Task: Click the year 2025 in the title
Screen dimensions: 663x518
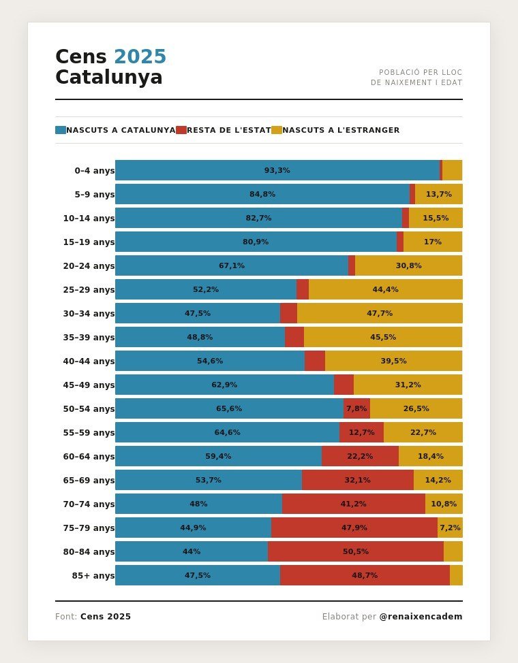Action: point(140,57)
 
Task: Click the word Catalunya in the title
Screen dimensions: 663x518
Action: point(109,78)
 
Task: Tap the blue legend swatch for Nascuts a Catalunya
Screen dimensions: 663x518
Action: point(61,130)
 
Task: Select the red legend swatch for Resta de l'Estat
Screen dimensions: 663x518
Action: point(181,130)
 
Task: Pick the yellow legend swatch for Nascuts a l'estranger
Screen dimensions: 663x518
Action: point(277,130)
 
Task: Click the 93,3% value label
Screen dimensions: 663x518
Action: point(277,170)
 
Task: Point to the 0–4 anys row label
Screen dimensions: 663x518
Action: point(94,171)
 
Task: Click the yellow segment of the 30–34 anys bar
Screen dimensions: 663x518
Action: point(380,313)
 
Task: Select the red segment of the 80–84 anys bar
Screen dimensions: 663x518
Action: point(355,551)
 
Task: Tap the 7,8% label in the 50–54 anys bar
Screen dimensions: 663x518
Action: point(356,408)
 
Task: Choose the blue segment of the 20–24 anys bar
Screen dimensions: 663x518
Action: point(231,265)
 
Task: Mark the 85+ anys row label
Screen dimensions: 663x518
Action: point(93,576)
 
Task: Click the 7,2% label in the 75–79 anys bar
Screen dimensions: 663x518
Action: point(450,528)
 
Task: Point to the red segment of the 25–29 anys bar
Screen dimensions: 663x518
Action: point(303,289)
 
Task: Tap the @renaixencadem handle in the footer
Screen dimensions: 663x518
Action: point(421,617)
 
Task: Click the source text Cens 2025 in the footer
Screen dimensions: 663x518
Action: point(106,617)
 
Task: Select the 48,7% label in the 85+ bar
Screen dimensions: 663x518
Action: point(365,575)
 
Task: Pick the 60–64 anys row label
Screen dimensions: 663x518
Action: point(89,457)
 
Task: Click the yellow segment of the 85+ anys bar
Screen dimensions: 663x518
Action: point(456,575)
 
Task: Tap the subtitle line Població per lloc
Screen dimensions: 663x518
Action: point(421,72)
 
